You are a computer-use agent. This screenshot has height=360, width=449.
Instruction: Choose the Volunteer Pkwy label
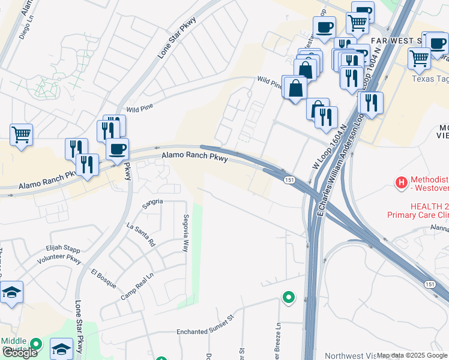pos(59,259)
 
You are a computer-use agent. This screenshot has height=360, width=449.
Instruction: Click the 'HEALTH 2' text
pos(429,205)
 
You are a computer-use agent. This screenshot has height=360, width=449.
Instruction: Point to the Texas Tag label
pos(430,79)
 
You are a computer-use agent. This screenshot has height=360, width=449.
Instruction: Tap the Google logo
pos(20,353)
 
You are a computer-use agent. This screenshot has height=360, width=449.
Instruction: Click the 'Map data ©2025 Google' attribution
pos(412,356)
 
